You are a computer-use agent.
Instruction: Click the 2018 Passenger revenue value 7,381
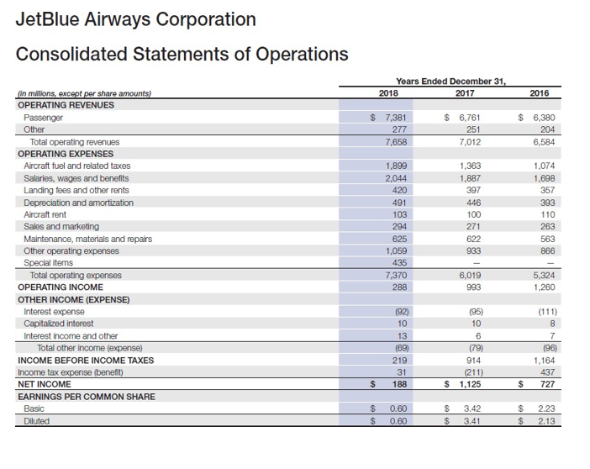[388, 119]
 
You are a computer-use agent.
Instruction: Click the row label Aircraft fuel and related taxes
[76, 166]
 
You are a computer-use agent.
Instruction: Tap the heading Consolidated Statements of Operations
[182, 55]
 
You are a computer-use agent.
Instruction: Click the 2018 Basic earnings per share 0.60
[392, 408]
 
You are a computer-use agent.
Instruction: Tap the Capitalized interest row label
[59, 324]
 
